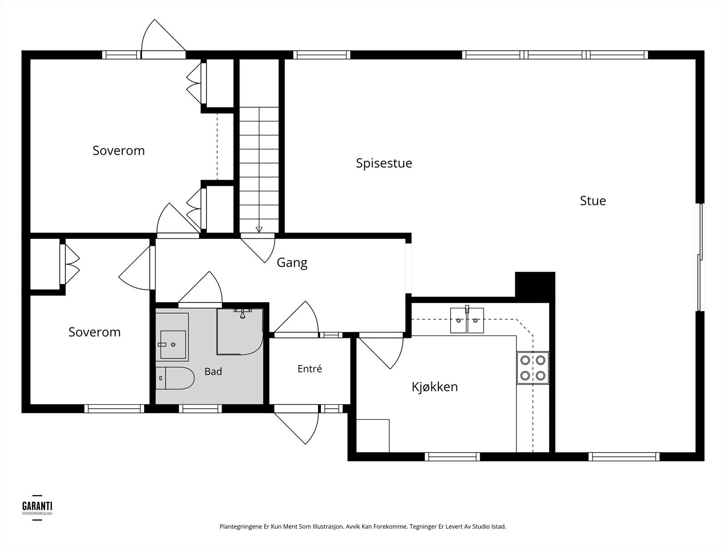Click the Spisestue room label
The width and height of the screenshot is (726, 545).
(x=384, y=163)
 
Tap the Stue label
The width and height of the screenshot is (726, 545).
(x=593, y=201)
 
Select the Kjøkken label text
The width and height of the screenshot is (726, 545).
(x=435, y=386)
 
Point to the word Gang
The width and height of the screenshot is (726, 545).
(x=292, y=263)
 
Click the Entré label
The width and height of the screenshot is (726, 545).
(x=309, y=369)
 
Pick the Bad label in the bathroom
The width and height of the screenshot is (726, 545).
(x=213, y=371)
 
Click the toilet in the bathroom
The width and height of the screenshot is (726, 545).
(x=175, y=378)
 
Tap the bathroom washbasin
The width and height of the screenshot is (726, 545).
(x=173, y=344)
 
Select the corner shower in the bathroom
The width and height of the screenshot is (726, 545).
(x=240, y=332)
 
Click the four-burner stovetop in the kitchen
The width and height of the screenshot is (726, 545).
(x=533, y=367)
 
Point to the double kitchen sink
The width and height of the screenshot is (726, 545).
(x=467, y=320)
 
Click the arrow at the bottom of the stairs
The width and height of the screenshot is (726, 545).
(x=259, y=229)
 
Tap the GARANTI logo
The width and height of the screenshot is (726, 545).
(x=37, y=508)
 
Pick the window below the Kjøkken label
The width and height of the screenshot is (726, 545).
(x=452, y=456)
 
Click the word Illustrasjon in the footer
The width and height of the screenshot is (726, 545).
(x=327, y=526)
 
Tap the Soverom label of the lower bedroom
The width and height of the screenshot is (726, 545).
(x=94, y=332)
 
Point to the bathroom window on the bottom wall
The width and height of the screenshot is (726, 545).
(x=201, y=409)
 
